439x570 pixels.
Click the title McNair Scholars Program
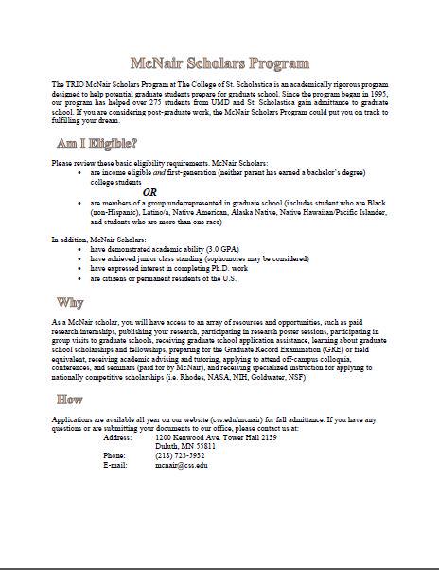(219, 64)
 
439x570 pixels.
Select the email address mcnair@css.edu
(182, 466)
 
